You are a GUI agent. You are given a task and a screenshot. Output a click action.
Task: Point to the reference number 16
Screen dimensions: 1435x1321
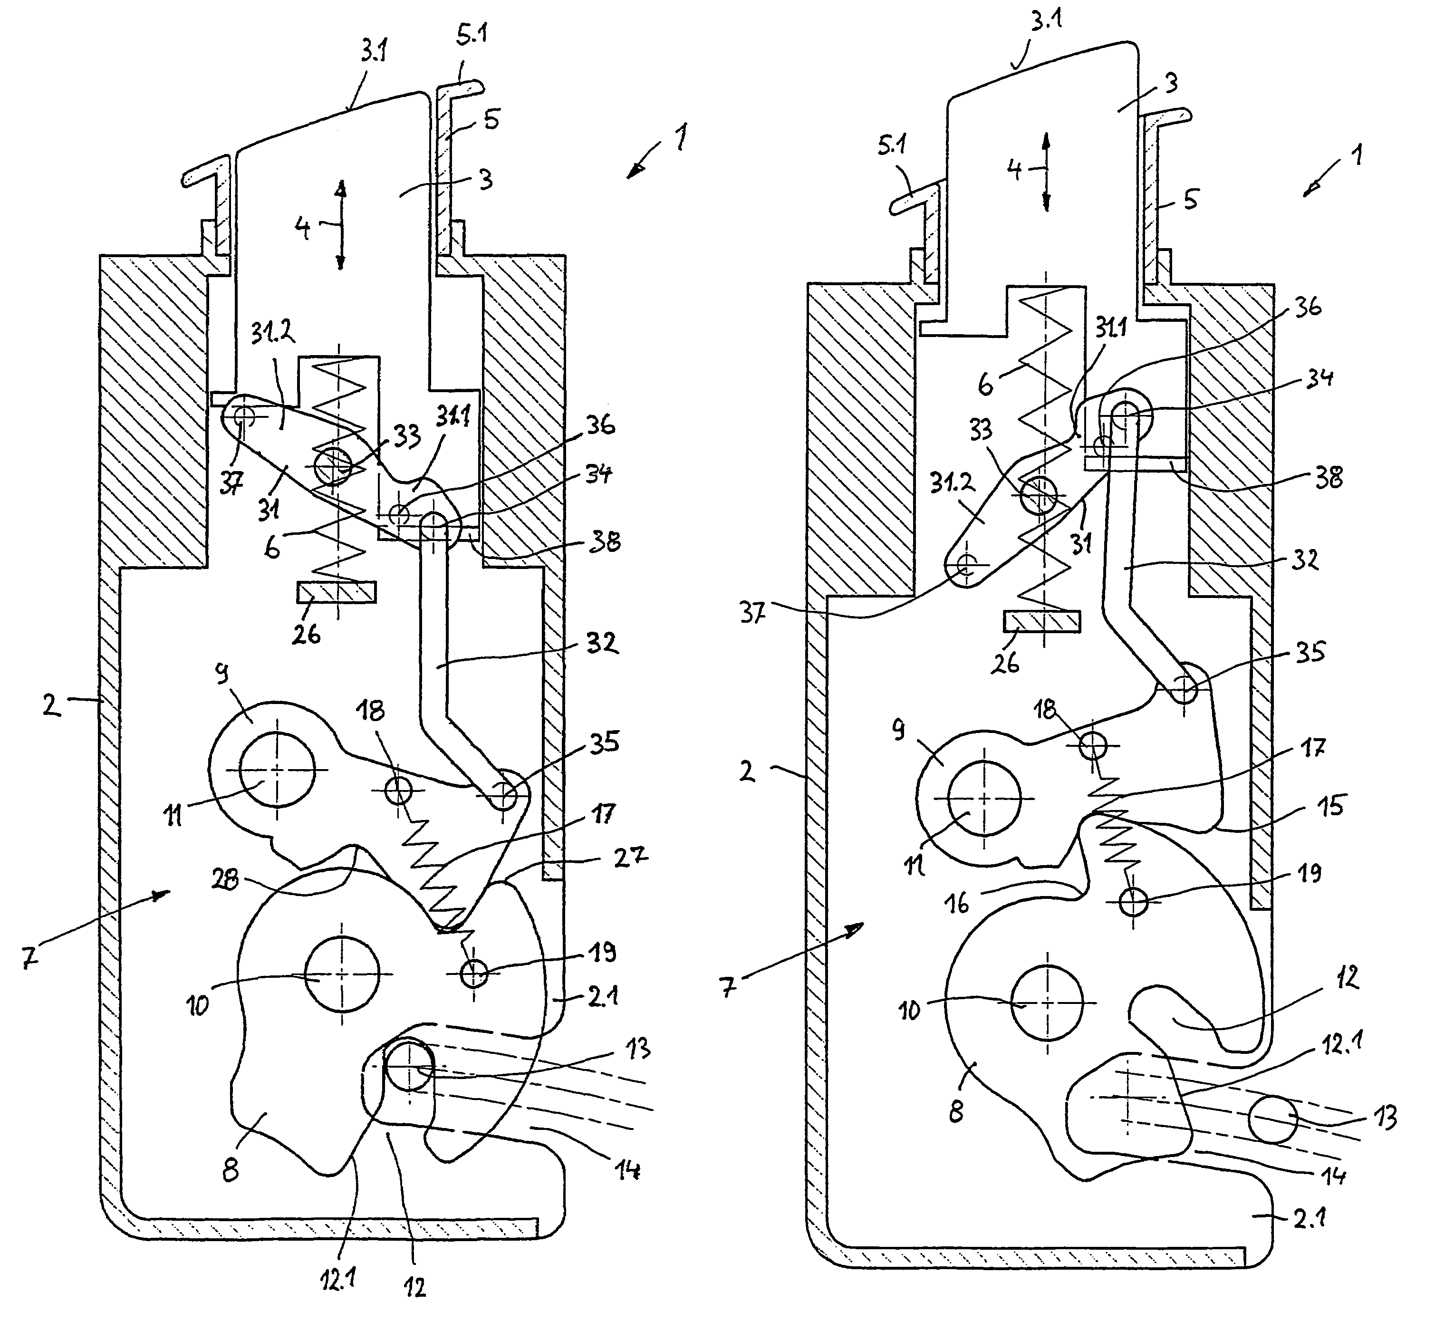coord(958,903)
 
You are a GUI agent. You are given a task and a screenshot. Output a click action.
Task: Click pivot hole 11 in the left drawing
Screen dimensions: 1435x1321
coord(277,770)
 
